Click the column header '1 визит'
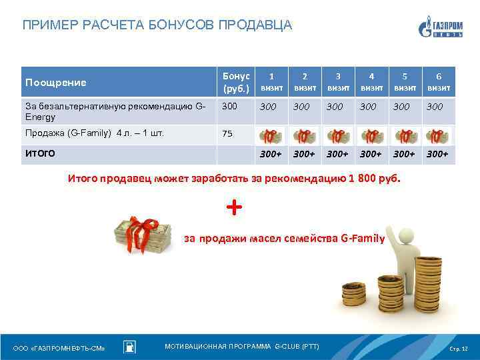271,82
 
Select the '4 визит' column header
371,82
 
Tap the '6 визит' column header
438,82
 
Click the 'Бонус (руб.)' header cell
235,82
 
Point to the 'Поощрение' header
56,83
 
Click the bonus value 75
227,133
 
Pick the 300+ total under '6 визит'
438,154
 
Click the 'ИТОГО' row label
39,153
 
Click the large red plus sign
234,207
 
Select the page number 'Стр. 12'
459,349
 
